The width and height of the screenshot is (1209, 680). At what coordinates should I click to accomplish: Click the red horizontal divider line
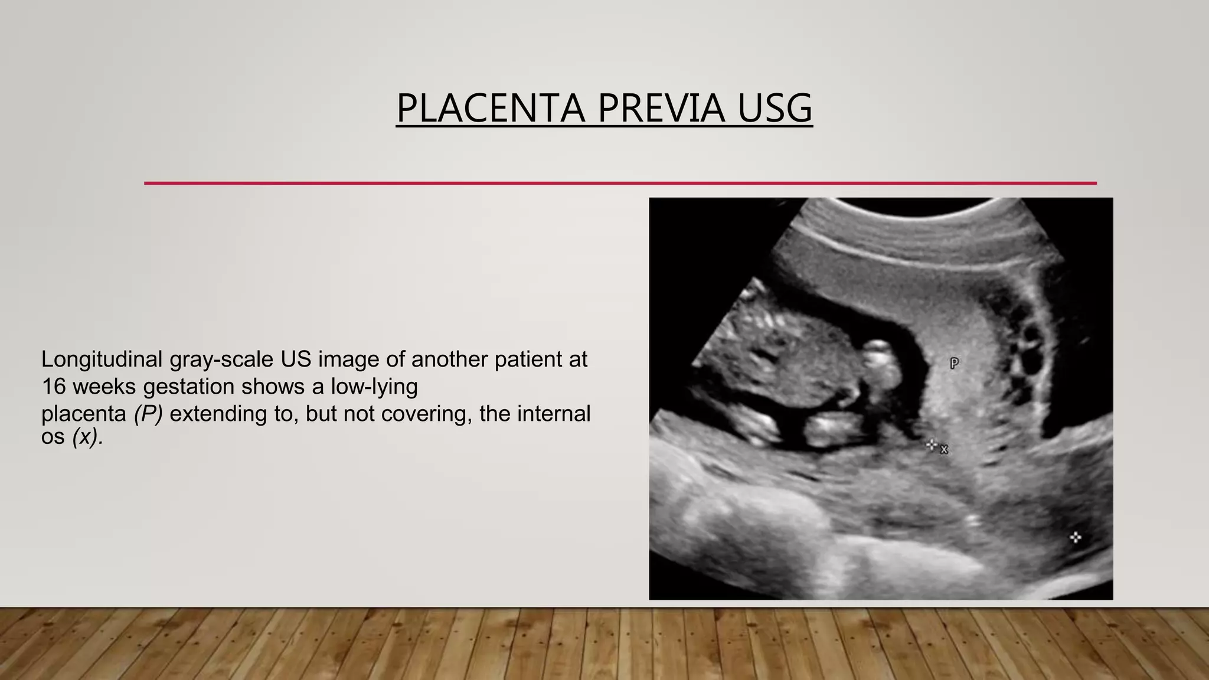coord(620,183)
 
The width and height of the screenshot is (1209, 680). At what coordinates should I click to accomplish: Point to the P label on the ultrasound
coord(954,364)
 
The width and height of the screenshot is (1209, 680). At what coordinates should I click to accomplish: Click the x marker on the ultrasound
coord(944,450)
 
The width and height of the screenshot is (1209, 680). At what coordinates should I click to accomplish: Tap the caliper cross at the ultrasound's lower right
coord(1075,537)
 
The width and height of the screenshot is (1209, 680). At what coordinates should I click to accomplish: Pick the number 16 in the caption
coord(53,387)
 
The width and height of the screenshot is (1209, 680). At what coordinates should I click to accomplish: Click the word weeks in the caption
coord(104,387)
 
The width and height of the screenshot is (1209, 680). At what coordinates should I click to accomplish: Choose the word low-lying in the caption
coord(374,387)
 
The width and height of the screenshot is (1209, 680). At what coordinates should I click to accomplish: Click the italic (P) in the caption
coord(148,414)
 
